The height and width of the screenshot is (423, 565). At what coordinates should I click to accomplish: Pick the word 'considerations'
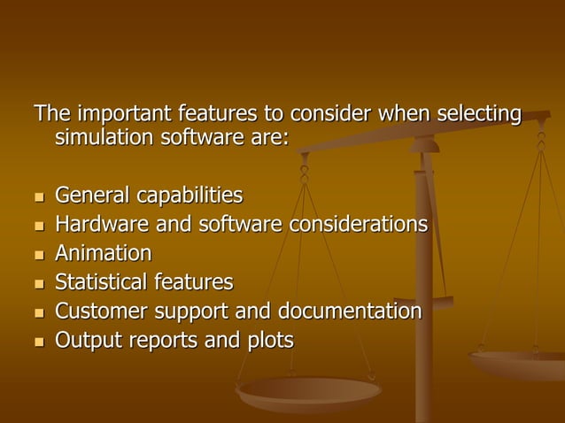click(x=356, y=224)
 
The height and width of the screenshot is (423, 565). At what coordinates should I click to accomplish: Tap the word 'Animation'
click(x=103, y=253)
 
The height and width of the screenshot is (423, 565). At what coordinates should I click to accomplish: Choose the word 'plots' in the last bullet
click(x=267, y=341)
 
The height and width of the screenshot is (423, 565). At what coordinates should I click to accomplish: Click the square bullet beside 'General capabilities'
click(x=38, y=196)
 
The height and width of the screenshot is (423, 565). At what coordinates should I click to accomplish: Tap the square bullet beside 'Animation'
click(x=38, y=255)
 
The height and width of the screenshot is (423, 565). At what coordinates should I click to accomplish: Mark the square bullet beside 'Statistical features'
click(x=38, y=284)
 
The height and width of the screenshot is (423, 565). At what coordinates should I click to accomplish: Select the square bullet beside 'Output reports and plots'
click(x=38, y=342)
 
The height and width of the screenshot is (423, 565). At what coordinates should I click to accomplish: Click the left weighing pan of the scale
click(x=309, y=390)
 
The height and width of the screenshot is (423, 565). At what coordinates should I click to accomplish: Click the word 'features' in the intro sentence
click(x=217, y=115)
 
